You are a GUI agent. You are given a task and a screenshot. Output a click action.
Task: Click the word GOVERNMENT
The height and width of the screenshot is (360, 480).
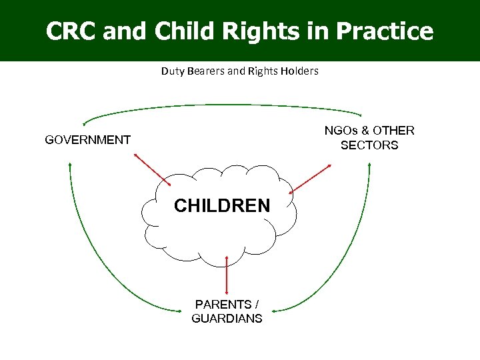(87, 140)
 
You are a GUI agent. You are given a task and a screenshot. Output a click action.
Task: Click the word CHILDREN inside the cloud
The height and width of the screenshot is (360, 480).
(222, 206)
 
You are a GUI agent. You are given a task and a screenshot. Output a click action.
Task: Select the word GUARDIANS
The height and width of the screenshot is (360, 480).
(227, 319)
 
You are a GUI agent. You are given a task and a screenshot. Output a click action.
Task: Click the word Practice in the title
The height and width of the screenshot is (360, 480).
(385, 31)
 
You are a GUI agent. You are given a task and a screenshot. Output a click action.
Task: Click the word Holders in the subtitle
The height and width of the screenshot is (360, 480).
(300, 71)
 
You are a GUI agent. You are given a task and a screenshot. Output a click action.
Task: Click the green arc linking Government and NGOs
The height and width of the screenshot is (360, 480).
(223, 105)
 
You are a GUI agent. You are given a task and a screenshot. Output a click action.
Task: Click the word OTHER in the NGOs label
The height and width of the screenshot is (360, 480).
(393, 131)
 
